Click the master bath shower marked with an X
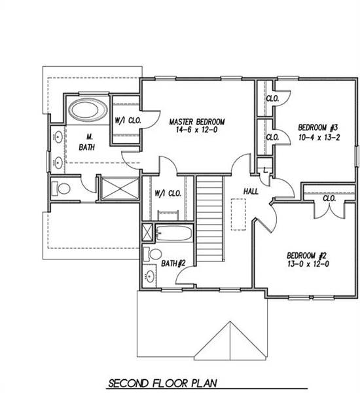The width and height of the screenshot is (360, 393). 118,189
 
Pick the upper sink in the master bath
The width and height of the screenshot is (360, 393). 58,138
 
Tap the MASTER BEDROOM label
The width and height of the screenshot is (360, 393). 197,122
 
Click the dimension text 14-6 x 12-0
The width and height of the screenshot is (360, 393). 197,130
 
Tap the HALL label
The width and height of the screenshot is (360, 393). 250,192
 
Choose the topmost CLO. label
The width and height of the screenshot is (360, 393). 273,98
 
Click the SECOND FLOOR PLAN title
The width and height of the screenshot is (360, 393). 162,382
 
